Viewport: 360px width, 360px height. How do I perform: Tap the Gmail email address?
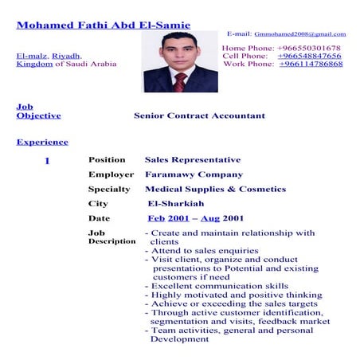pos(299,34)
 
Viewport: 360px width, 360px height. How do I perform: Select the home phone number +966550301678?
pos(310,49)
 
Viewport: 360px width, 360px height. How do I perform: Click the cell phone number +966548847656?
pos(310,56)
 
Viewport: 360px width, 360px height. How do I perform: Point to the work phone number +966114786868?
pos(311,64)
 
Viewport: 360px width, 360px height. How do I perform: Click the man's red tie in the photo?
pos(180,81)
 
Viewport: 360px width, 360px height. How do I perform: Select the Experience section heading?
pos(42,142)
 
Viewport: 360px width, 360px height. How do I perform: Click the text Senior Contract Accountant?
pos(199,115)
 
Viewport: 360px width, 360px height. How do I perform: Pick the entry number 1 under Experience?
pos(47,160)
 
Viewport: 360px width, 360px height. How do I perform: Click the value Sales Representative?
pos(193,160)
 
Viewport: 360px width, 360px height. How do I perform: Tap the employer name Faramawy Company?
pos(194,174)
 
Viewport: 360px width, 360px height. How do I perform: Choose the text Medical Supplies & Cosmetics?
pos(215,190)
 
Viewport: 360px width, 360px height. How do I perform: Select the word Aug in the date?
pos(210,218)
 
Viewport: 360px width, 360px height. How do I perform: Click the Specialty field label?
pos(109,190)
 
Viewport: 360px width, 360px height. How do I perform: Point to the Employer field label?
pos(111,174)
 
